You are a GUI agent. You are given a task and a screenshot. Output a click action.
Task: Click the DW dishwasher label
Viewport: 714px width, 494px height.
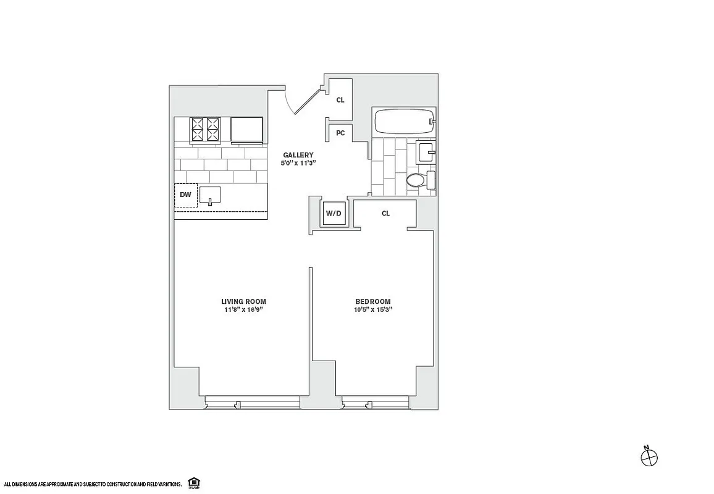coord(185,195)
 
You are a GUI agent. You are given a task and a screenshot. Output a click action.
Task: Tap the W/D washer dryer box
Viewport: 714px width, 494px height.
coord(334,214)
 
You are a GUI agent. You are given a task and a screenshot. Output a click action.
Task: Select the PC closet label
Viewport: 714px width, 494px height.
coord(340,132)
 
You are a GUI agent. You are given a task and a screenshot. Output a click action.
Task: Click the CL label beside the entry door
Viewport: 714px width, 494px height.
coord(340,99)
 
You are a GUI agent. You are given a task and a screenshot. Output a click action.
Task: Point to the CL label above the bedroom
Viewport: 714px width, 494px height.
coord(385,214)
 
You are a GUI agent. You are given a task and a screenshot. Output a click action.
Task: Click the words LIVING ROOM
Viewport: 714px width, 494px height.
coord(243,301)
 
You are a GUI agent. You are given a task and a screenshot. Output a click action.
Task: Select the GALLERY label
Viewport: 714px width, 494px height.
coord(298,155)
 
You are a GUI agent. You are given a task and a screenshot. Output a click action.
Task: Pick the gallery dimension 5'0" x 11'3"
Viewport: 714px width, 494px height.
coord(298,163)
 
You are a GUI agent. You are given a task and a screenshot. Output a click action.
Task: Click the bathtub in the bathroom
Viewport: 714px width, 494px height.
coord(403,122)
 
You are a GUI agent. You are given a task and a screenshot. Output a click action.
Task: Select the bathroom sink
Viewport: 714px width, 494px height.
coord(426,151)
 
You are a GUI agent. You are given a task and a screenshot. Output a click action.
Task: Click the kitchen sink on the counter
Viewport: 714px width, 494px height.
coord(210,196)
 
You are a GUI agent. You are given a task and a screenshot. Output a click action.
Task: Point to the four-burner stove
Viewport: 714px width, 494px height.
coord(206,130)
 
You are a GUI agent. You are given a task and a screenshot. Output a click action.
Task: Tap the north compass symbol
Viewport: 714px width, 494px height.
coord(649,457)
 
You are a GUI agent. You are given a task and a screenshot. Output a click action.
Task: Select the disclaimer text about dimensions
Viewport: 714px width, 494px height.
coord(93,484)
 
